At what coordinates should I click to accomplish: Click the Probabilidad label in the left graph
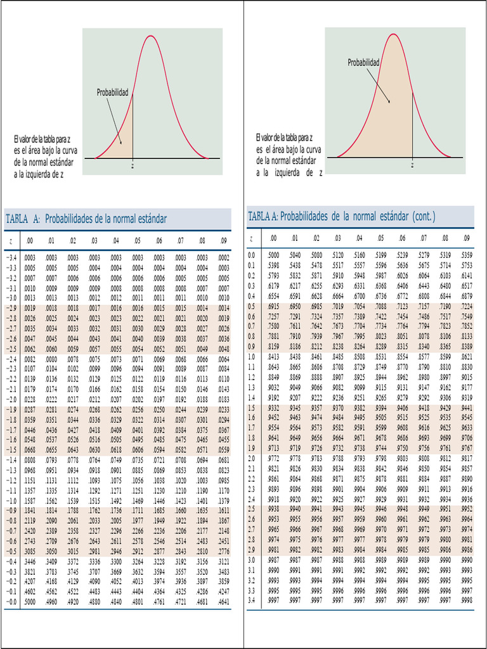coord(112,93)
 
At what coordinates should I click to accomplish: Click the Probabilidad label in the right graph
coord(363,63)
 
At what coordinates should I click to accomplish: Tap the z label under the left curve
coord(133,165)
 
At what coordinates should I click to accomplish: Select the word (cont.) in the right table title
coord(424,217)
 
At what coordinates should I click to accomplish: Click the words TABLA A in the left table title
coord(23,219)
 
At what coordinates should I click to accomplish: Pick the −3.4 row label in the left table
coord(11,258)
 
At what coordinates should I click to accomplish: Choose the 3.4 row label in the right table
coord(251,600)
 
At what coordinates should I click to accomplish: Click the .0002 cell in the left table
coord(223,258)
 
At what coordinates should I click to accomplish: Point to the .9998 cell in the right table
coord(467,600)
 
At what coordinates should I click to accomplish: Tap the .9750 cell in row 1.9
coord(402,447)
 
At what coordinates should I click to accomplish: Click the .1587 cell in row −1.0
coord(29,500)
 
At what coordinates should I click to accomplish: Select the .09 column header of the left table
coord(223,241)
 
